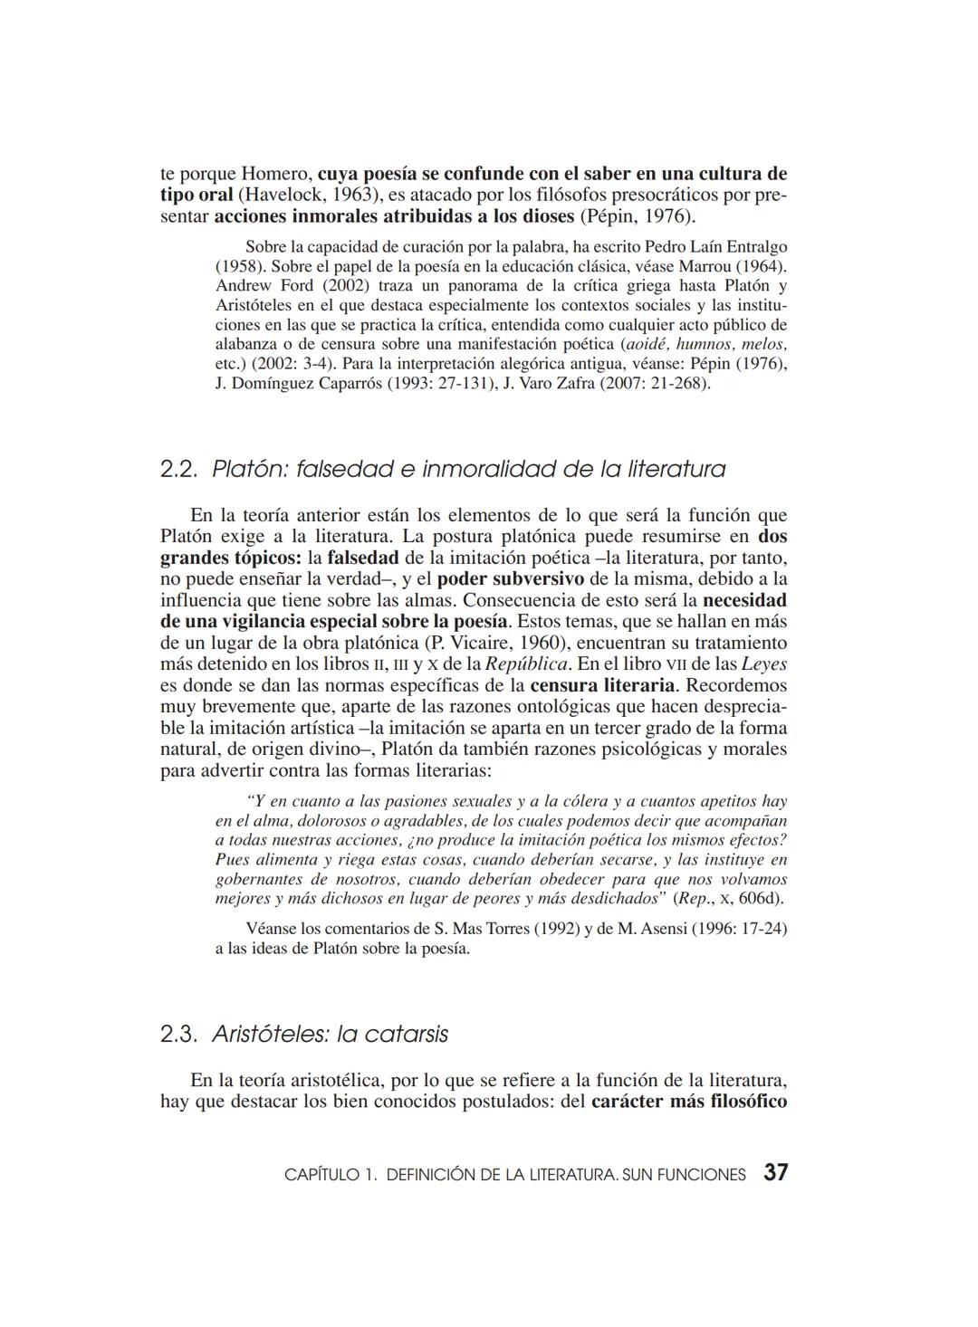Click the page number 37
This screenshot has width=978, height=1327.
point(775,1173)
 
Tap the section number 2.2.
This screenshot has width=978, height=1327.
point(179,469)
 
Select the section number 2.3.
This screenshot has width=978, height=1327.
point(179,1034)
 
